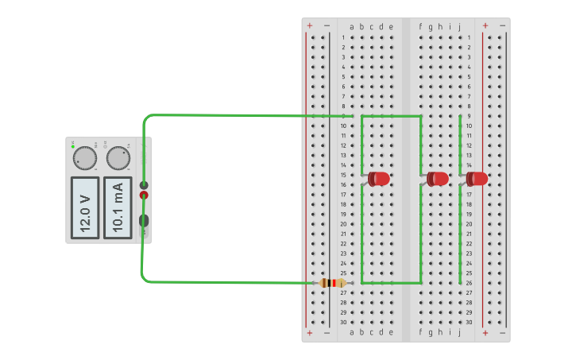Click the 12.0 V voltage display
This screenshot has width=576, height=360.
(x=85, y=207)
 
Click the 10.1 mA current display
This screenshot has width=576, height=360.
(x=118, y=207)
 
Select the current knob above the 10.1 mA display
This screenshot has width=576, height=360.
(x=118, y=159)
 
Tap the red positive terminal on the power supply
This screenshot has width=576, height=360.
(x=144, y=195)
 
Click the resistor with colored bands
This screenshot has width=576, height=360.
(x=332, y=283)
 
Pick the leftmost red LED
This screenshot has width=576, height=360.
(x=379, y=179)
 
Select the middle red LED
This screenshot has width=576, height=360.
(x=438, y=179)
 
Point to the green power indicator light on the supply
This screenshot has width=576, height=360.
(x=73, y=146)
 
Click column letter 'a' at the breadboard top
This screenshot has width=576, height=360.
(x=352, y=26)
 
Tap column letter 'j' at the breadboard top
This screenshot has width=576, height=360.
(x=459, y=26)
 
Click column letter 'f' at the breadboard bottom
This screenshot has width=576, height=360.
(x=421, y=332)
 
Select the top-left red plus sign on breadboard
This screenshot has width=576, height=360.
(x=310, y=25)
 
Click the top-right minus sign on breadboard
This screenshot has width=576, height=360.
(x=503, y=25)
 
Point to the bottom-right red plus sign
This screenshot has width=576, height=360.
(x=485, y=332)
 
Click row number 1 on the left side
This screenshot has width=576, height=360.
(x=343, y=37)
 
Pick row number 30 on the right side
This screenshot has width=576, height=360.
(x=469, y=322)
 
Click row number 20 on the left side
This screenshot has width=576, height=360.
(x=343, y=224)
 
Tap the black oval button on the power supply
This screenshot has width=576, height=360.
(x=144, y=221)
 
